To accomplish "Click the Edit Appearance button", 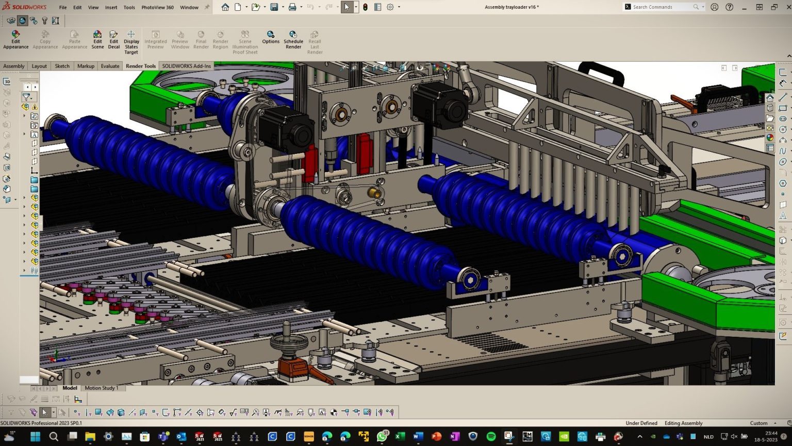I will [x=15, y=40].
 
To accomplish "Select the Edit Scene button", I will [x=97, y=40].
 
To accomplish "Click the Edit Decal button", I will [x=113, y=40].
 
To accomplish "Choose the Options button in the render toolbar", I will [x=270, y=37].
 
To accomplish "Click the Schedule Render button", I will [x=293, y=40].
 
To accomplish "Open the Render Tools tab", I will [x=140, y=66].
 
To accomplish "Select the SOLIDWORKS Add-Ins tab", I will [x=186, y=66].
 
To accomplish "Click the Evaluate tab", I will [x=110, y=66].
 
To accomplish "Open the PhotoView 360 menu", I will [x=157, y=7].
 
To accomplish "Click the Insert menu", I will [x=111, y=7].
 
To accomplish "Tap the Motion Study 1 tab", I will [x=101, y=388].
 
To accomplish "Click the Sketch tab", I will [x=62, y=66].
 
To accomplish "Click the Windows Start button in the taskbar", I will [x=35, y=437].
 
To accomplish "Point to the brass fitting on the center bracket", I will [x=375, y=194].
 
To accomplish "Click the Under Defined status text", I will [x=641, y=423].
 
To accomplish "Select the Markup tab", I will [x=86, y=66].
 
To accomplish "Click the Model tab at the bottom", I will [x=70, y=388].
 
